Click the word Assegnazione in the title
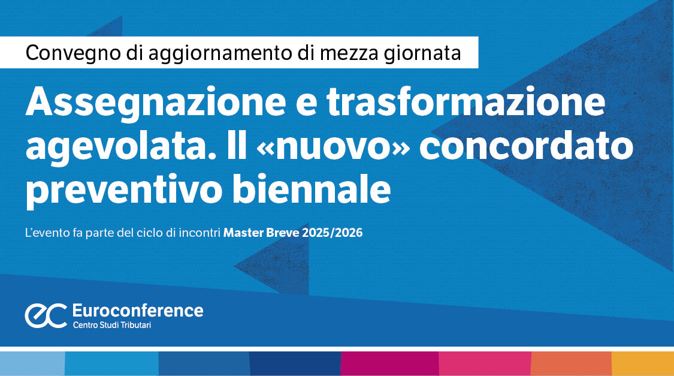pos(156,103)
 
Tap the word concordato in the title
pos(526,145)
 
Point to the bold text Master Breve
pos(261,233)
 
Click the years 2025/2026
pos(333,233)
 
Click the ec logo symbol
pos(46,316)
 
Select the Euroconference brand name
pos(138,311)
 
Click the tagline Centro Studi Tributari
pos(112,325)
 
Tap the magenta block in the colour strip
pos(389,363)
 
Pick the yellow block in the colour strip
pos(643,363)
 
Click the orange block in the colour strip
pos(572,363)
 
